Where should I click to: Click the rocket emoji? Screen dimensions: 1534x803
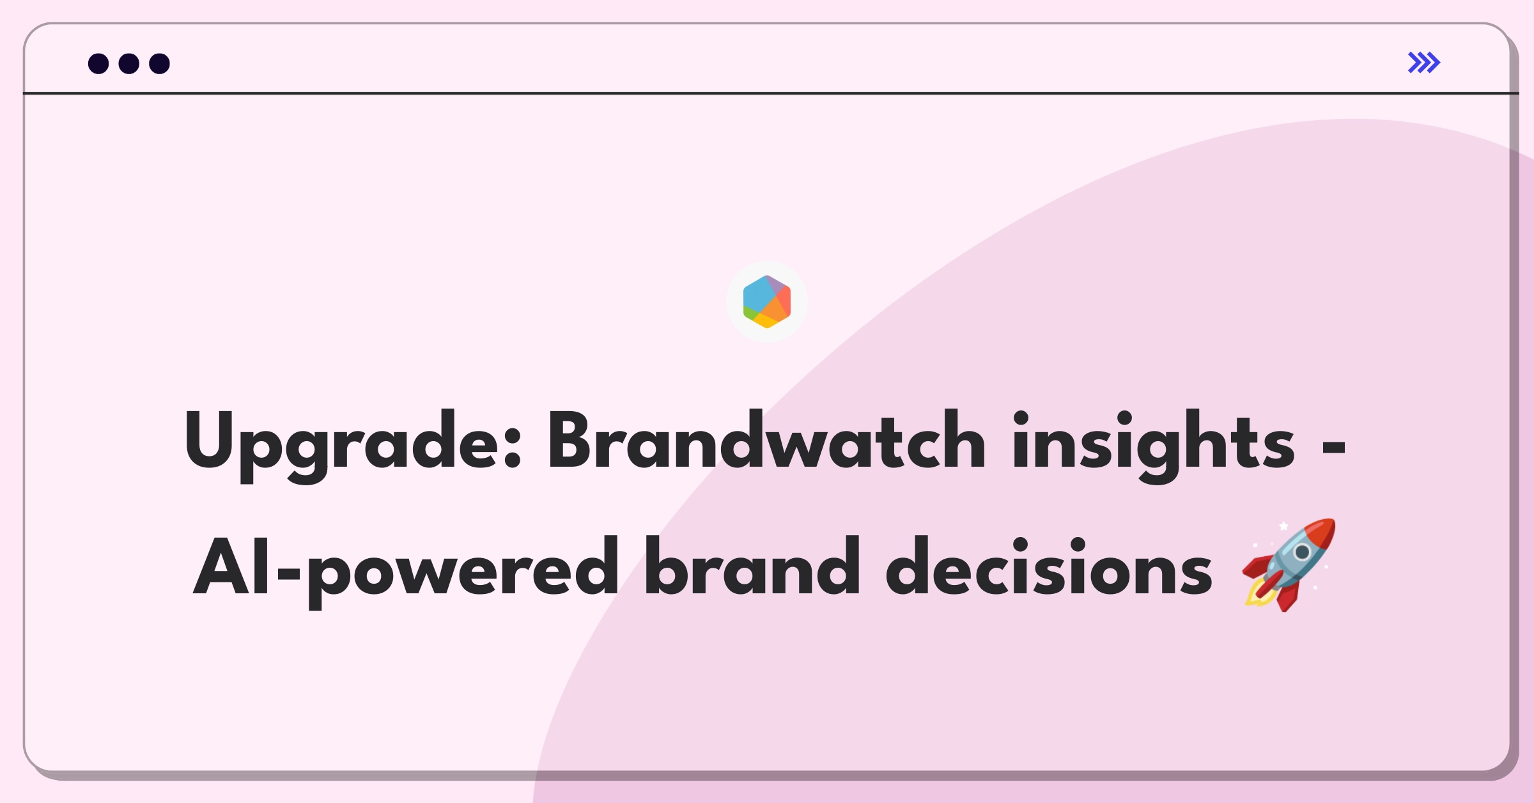[1289, 565]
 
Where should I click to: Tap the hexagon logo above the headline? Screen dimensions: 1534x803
[767, 302]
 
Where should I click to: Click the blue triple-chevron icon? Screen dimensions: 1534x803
[1424, 63]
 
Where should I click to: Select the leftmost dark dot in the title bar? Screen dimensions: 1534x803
[98, 63]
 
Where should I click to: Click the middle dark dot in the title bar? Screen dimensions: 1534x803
[129, 63]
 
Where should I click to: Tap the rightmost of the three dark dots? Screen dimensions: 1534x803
[160, 63]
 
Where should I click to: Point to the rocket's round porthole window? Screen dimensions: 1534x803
[1302, 551]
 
